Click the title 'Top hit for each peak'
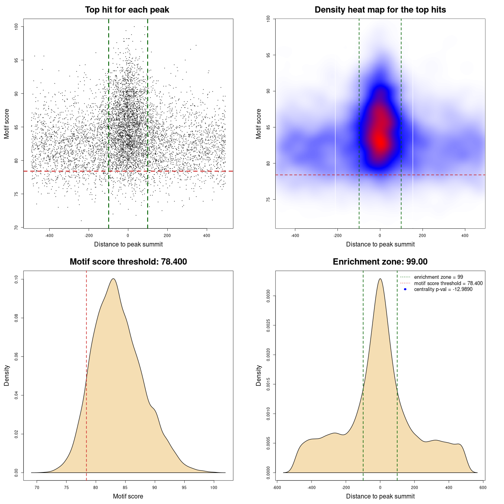click(x=127, y=10)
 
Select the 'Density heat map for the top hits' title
click(x=380, y=10)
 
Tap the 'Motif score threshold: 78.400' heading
click(x=128, y=262)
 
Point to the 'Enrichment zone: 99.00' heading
click(x=380, y=262)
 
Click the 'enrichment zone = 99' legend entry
click(x=438, y=277)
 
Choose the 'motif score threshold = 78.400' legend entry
click(x=448, y=283)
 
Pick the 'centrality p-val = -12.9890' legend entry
click(x=443, y=289)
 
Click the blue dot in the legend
click(x=405, y=289)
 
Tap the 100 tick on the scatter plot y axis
click(x=16, y=26)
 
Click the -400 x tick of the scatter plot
click(x=49, y=235)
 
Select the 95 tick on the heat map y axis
click(x=268, y=55)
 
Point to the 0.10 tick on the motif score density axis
click(x=16, y=279)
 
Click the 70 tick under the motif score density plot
click(x=37, y=487)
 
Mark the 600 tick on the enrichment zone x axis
click(x=483, y=487)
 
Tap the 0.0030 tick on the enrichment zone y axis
click(x=268, y=296)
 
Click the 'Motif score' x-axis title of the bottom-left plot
click(x=128, y=496)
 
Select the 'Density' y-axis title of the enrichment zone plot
click(x=259, y=375)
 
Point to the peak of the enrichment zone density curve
click(x=380, y=279)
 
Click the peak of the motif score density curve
click(x=113, y=279)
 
